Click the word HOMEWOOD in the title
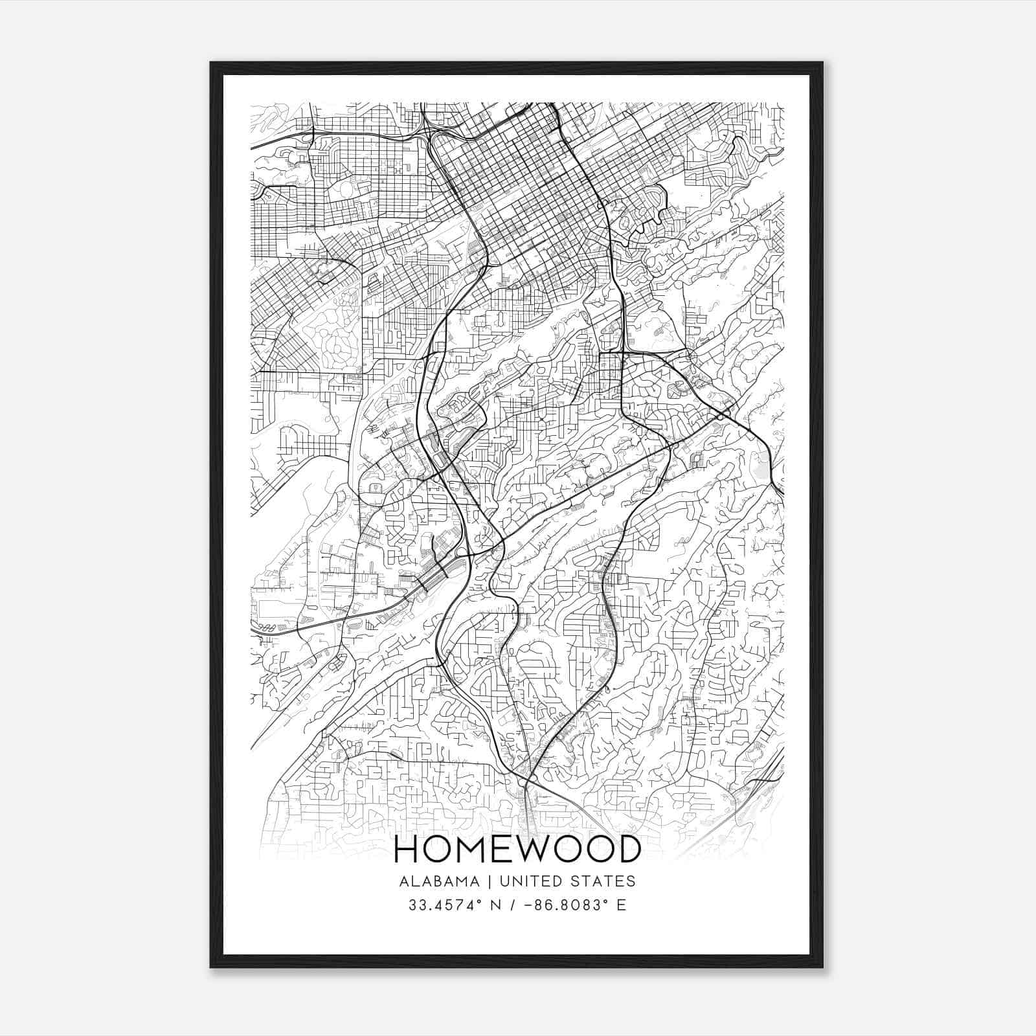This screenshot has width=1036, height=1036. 517,850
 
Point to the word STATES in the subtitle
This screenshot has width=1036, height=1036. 602,881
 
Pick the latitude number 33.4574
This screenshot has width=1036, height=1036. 444,905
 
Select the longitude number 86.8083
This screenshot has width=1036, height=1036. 571,905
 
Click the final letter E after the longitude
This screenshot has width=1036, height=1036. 622,905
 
